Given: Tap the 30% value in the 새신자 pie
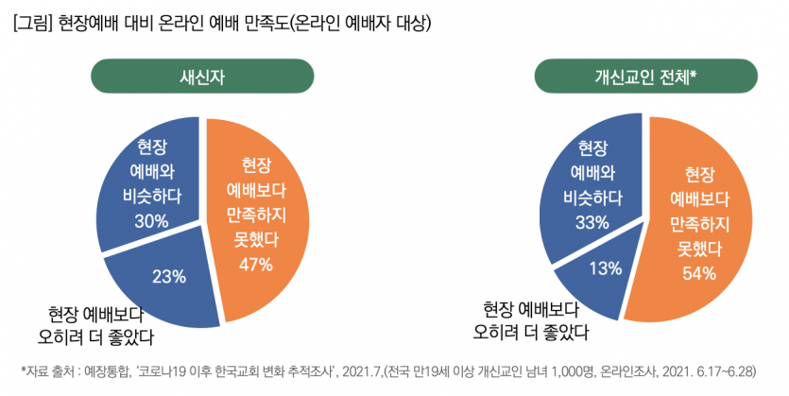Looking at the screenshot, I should pos(151,221).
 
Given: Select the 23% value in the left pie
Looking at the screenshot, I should pos(169,277).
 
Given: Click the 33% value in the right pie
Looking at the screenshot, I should pos(592,222).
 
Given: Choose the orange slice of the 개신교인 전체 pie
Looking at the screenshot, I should pos(699,217).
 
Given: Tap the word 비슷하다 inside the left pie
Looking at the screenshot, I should pos(151,198).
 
